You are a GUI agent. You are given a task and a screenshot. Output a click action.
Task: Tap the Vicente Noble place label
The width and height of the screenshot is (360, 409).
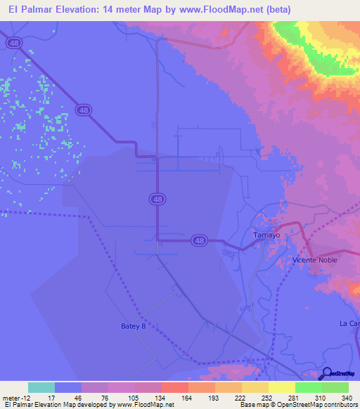pos(315,260)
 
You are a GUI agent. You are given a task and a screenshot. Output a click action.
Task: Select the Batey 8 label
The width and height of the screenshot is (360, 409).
pos(134,326)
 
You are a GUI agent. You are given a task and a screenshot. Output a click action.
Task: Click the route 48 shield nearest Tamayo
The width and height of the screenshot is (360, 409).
pos(200,241)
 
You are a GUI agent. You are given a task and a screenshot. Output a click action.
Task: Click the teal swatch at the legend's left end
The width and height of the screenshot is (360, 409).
pos(41,387)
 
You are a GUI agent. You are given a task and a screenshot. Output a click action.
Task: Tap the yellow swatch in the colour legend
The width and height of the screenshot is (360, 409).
pos(281,387)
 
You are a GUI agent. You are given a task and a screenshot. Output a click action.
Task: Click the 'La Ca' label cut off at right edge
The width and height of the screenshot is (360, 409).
pos(349,323)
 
